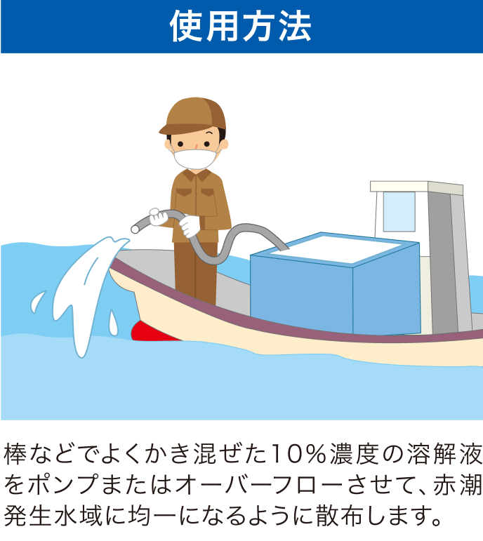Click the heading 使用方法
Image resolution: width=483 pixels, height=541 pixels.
coord(241,26)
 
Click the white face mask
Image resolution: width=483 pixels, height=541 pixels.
coord(195,159)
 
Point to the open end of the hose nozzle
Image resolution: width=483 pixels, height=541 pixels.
coord(135,229)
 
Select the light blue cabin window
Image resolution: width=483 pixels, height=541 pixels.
coord(399,211)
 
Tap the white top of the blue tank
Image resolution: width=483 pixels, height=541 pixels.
coord(336,248)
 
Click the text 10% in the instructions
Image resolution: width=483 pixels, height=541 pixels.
coord(299,454)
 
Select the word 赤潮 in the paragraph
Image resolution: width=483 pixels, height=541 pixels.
coord(458,485)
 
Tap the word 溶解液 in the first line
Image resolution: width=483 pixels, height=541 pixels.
coord(444,454)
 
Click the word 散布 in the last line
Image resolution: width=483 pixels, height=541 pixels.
coord(339,516)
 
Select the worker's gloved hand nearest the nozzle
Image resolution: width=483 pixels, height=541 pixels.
coord(158,218)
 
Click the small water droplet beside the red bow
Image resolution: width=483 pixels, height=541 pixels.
coord(113,322)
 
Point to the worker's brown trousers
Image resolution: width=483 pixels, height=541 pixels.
coord(196,272)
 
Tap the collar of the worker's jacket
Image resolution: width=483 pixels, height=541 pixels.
coord(196,175)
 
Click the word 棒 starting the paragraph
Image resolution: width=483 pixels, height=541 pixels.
coord(15,454)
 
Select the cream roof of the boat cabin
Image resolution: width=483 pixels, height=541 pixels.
coord(416,187)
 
